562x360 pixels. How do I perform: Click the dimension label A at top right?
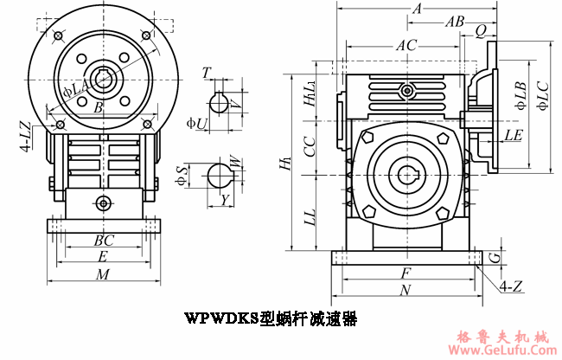tap(417, 9)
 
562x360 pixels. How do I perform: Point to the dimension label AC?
tap(406, 43)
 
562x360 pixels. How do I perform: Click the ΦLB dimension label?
tap(520, 94)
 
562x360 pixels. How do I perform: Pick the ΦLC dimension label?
tap(542, 95)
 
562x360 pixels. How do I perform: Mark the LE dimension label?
tap(513, 135)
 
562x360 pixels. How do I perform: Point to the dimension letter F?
tap(405, 273)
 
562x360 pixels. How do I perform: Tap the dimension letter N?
tap(405, 291)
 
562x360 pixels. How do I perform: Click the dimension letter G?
tap(493, 258)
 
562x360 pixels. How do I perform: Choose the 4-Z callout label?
tap(510, 285)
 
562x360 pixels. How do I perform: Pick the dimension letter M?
tap(103, 275)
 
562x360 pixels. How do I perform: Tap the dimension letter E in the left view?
tap(103, 257)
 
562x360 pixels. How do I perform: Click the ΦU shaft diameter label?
tap(196, 124)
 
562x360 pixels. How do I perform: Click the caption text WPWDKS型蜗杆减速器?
tap(271, 318)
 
